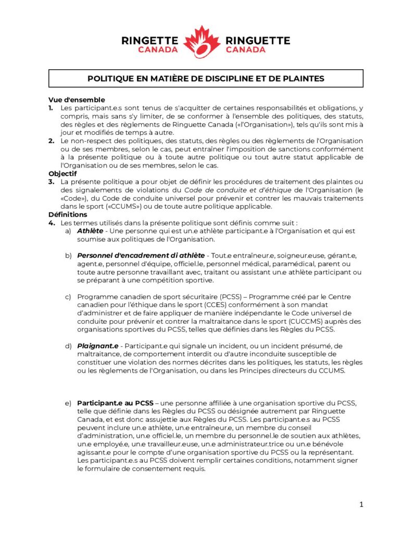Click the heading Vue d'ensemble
point(77,99)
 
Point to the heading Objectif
point(63,173)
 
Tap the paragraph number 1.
point(51,107)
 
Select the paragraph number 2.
point(51,141)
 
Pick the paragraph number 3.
point(51,181)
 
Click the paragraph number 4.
point(51,222)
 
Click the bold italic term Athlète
point(90,230)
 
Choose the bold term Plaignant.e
point(99,346)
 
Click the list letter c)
point(68,297)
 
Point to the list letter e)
point(68,403)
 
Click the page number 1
point(361,504)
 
